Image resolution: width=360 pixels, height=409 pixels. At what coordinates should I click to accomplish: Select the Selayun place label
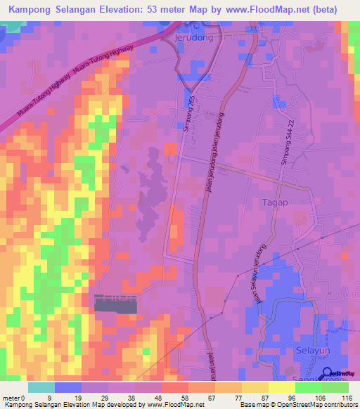pos(295,349)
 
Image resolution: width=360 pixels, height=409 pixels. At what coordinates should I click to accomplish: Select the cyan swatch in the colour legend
pos(41,387)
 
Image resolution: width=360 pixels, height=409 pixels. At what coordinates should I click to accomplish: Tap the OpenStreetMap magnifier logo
pos(327,374)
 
